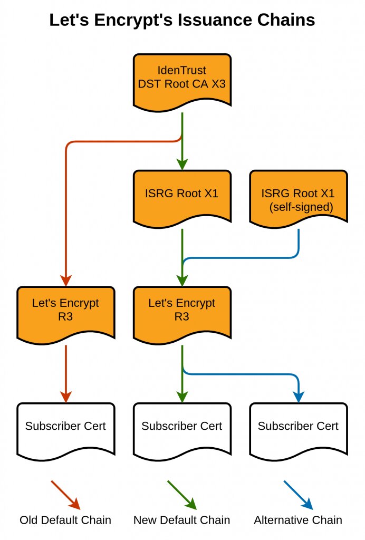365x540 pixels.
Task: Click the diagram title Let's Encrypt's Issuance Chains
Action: tap(182, 20)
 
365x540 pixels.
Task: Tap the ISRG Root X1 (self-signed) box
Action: tap(298, 199)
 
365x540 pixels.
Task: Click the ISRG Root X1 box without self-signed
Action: tap(182, 194)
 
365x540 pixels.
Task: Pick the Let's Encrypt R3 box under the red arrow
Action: tap(65, 311)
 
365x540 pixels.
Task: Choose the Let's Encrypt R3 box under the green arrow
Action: tap(182, 311)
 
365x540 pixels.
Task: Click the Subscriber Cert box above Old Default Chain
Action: tap(65, 427)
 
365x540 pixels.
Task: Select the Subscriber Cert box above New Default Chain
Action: tap(182, 427)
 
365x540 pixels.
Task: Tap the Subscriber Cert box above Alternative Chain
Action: tap(298, 427)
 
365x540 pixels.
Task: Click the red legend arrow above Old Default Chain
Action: tap(65, 495)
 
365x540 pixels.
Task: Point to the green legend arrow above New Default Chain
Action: tap(182, 495)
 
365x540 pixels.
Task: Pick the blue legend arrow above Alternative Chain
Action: tap(298, 495)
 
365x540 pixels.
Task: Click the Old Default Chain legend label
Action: tap(65, 520)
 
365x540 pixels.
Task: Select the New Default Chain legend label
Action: tap(182, 520)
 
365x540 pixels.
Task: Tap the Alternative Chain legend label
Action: tap(298, 520)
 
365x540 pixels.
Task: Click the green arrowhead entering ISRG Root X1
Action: tap(182, 164)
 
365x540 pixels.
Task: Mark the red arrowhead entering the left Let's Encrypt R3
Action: tap(65, 280)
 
